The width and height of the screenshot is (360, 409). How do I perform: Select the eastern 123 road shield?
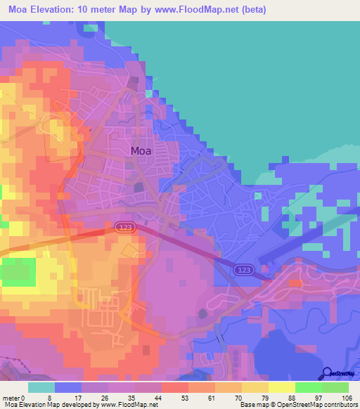pyautogui.click(x=245, y=270)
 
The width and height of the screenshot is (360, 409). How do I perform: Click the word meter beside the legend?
pyautogui.click(x=13, y=398)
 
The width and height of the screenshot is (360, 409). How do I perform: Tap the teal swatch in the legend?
pyautogui.click(x=41, y=387)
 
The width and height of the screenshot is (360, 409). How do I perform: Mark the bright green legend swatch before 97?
pyautogui.click(x=308, y=387)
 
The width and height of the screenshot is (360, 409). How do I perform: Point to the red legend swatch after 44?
pyautogui.click(x=174, y=387)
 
